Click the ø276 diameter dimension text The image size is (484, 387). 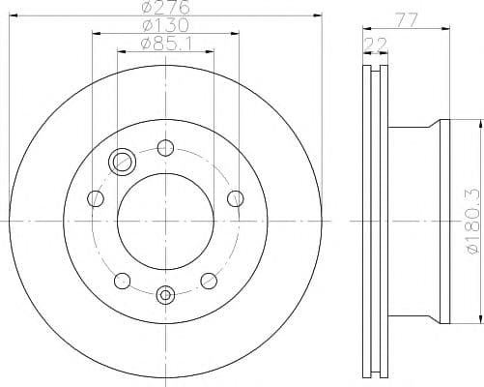click(165, 9)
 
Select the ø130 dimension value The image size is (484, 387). click(165, 26)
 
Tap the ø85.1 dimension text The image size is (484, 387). click(165, 44)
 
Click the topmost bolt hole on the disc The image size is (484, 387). click(165, 149)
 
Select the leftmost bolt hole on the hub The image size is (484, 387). click(95, 199)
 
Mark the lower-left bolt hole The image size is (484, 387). click(122, 281)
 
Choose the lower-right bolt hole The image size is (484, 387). click(209, 281)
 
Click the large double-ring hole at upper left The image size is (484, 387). click(122, 162)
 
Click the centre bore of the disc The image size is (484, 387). click(165, 223)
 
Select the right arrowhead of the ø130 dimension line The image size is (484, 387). click(236, 33)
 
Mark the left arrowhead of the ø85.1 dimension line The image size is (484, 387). click(120, 50)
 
